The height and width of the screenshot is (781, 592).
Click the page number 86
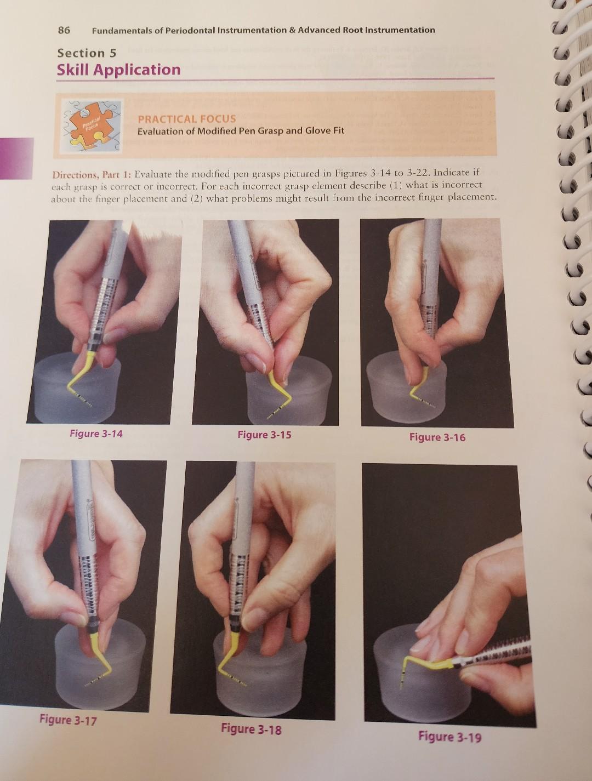(x=64, y=30)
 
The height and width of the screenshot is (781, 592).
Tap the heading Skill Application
(x=118, y=70)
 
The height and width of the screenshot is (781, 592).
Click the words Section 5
(x=87, y=53)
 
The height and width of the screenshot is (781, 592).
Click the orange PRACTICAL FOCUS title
(x=186, y=118)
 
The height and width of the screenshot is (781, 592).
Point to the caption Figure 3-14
(x=96, y=434)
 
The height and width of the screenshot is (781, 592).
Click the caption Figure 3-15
(x=264, y=435)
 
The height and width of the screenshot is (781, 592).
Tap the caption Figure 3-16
(x=437, y=437)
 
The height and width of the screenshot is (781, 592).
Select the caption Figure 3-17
(x=67, y=719)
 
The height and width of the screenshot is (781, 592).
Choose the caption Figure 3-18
(x=251, y=728)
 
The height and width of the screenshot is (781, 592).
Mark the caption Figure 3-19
(x=449, y=736)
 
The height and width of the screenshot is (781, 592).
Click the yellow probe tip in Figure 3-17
(x=101, y=663)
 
